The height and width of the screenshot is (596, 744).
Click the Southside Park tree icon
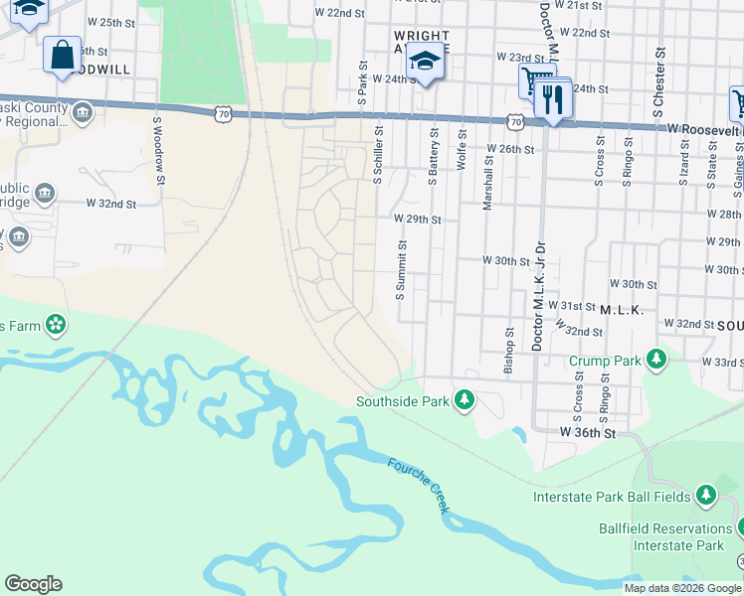464,400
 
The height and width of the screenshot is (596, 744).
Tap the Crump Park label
605,361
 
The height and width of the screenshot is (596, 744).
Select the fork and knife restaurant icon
552,99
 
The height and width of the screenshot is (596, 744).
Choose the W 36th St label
588,433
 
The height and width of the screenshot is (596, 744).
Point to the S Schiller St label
378,154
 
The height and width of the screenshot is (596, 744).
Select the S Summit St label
402,269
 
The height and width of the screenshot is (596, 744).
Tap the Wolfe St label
461,148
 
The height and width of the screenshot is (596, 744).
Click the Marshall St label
487,187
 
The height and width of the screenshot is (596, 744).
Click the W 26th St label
510,149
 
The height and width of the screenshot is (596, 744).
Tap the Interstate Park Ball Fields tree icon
705,494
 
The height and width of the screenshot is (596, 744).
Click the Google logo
33,584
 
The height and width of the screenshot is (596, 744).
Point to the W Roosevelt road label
704,129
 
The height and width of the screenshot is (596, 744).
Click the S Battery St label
433,155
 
